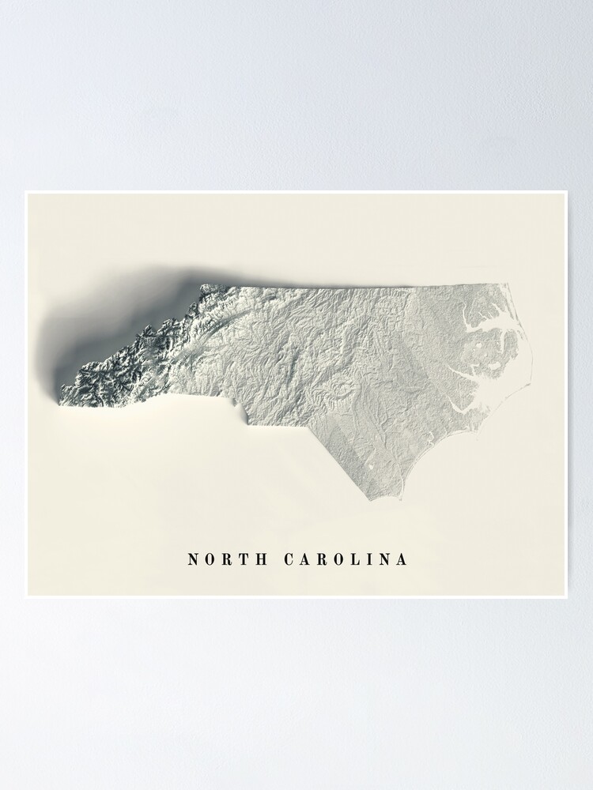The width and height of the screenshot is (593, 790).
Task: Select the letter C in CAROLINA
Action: tap(289, 560)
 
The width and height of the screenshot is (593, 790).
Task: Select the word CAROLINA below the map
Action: tap(346, 560)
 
